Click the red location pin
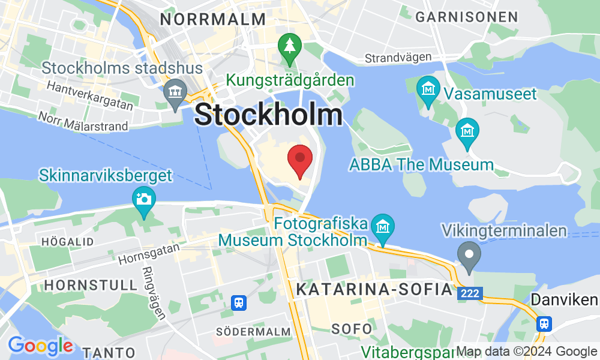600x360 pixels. point(300,159)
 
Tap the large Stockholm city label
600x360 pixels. point(269,115)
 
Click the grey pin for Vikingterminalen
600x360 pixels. point(469,254)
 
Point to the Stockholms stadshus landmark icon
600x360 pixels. point(175,94)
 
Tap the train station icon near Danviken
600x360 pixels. point(544,323)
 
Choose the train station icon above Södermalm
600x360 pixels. point(239,302)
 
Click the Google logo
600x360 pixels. point(41,346)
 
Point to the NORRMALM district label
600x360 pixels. point(213,19)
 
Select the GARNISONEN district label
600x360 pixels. point(475,17)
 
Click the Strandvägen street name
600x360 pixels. point(399,58)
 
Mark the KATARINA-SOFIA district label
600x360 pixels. point(374,290)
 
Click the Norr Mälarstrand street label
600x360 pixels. point(83,121)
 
